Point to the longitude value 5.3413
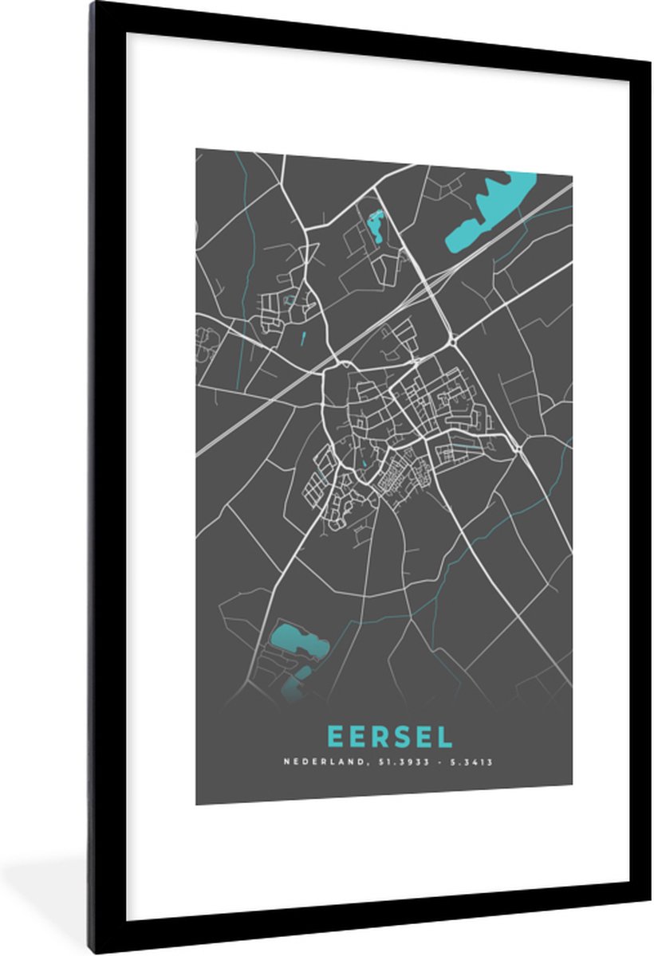473,762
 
